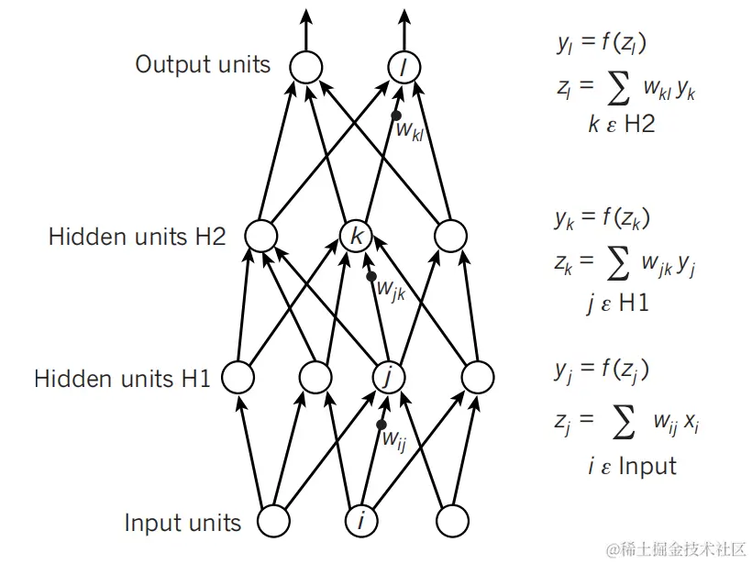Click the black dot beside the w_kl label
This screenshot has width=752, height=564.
pos(396,116)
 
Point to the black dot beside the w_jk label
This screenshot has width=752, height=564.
pos(371,276)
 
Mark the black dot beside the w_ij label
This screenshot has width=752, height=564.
pos(382,425)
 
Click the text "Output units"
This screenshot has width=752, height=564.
pos(203,64)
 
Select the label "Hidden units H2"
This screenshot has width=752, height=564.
pos(138,237)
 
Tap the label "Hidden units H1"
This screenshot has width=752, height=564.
pos(122,379)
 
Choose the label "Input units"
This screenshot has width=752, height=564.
pos(182,523)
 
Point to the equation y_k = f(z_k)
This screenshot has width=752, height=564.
pos(603,218)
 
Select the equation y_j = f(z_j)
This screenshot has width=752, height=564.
pos(603,370)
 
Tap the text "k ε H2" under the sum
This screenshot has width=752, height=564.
pos(622,124)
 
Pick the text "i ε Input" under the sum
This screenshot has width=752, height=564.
pos(632,466)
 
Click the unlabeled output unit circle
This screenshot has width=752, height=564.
pos(306,67)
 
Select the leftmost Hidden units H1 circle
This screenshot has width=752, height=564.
pos(238,377)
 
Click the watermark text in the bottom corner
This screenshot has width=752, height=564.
pos(675,549)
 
